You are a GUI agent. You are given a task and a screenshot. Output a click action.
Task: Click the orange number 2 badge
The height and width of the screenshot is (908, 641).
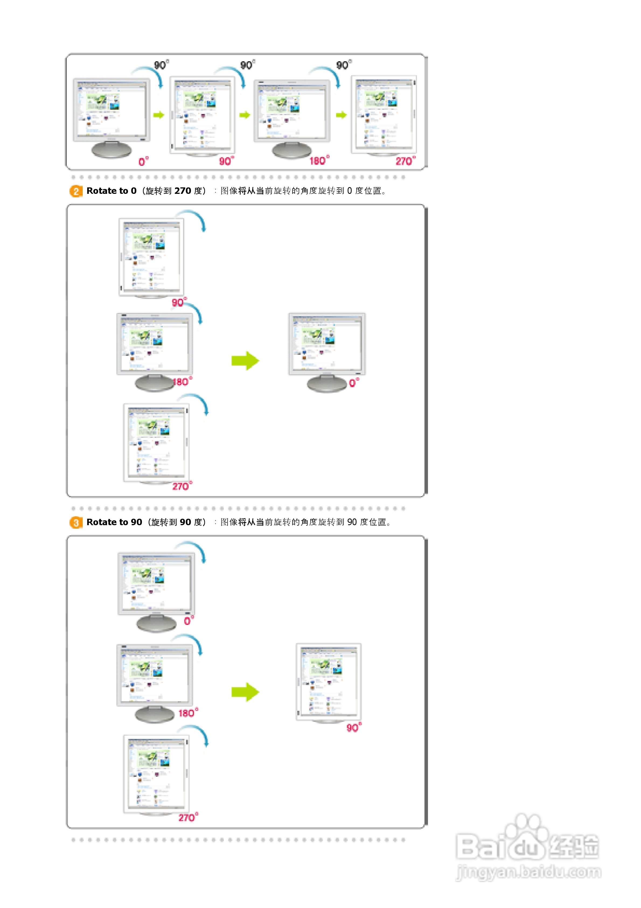pyautogui.click(x=76, y=191)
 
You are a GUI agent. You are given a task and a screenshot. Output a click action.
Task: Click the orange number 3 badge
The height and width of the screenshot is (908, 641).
pyautogui.click(x=76, y=522)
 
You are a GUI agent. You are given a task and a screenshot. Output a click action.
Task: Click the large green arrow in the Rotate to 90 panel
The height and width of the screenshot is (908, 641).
pyautogui.click(x=245, y=692)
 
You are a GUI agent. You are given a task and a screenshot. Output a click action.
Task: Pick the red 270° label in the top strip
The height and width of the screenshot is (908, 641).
pyautogui.click(x=405, y=161)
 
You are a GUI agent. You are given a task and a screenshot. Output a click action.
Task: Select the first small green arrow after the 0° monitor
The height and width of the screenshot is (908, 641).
pyautogui.click(x=158, y=115)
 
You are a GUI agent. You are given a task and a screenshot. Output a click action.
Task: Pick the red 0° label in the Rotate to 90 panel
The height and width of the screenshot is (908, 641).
pyautogui.click(x=189, y=621)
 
